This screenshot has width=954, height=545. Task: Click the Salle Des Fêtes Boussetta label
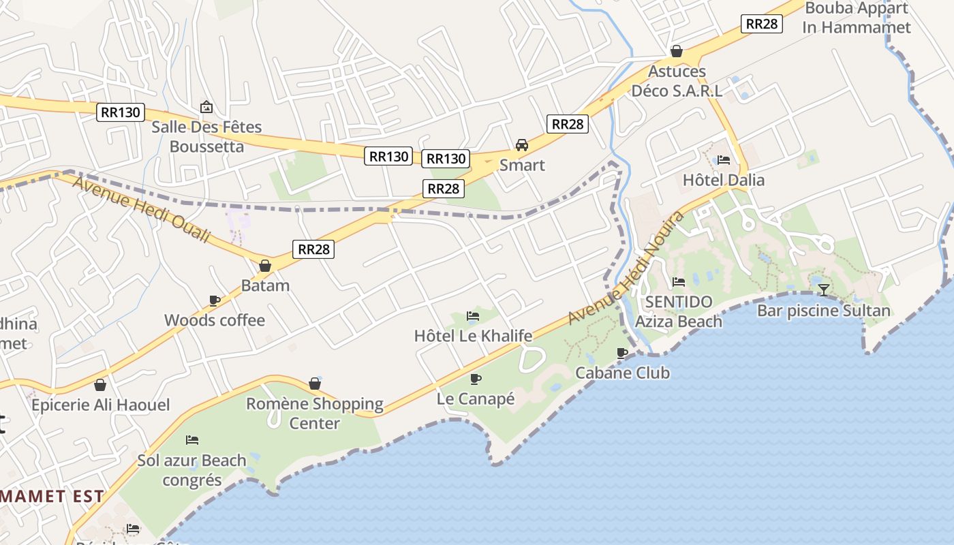tap(206, 136)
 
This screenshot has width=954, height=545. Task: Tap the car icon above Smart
tap(522, 144)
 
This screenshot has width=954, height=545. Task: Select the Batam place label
tap(265, 285)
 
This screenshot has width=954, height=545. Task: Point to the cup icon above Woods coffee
tap(215, 300)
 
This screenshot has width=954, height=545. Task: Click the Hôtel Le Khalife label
tap(473, 335)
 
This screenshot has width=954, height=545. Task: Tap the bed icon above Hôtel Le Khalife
tap(473, 315)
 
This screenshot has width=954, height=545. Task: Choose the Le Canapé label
tap(476, 399)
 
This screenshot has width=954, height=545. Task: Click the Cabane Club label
tap(622, 373)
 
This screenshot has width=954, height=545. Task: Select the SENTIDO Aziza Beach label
tap(679, 311)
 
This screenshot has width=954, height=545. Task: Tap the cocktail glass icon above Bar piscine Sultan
tap(824, 290)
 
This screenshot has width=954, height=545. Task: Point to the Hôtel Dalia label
tap(724, 180)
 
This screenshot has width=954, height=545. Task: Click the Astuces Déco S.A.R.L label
tap(677, 80)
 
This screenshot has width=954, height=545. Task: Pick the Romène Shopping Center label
tap(315, 413)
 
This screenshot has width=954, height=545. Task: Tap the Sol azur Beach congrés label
tap(192, 469)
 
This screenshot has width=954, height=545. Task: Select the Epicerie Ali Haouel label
tap(101, 405)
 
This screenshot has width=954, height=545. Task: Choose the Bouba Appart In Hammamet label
tap(857, 18)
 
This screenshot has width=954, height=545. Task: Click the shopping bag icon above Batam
tap(265, 266)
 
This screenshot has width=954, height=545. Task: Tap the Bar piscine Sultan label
tap(824, 311)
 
